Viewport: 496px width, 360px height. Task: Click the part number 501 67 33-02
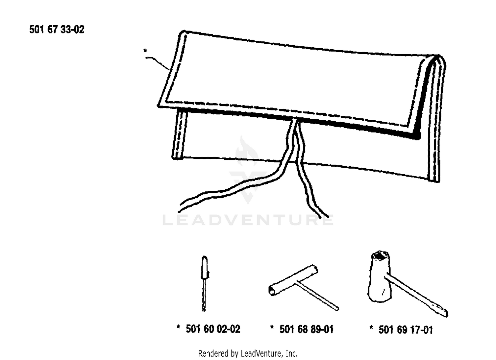click(x=57, y=29)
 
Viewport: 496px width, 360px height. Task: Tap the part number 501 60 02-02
click(x=213, y=329)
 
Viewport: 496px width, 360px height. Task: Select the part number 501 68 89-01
click(x=306, y=329)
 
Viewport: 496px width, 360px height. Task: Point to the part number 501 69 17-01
click(x=406, y=330)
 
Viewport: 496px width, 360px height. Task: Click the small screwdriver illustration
click(x=204, y=284)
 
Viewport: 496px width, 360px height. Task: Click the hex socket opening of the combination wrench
click(x=381, y=257)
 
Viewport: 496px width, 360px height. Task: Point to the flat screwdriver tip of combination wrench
click(x=441, y=312)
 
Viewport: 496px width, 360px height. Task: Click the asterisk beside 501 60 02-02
click(x=178, y=327)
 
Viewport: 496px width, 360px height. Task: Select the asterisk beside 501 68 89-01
click(x=272, y=327)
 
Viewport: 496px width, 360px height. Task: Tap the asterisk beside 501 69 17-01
click(x=371, y=328)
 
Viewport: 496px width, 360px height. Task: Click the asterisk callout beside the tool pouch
click(x=145, y=51)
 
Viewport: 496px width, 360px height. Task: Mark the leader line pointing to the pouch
click(x=157, y=63)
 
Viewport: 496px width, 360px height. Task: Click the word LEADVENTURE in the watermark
click(x=248, y=220)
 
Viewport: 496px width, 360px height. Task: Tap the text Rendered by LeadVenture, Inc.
click(x=248, y=354)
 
